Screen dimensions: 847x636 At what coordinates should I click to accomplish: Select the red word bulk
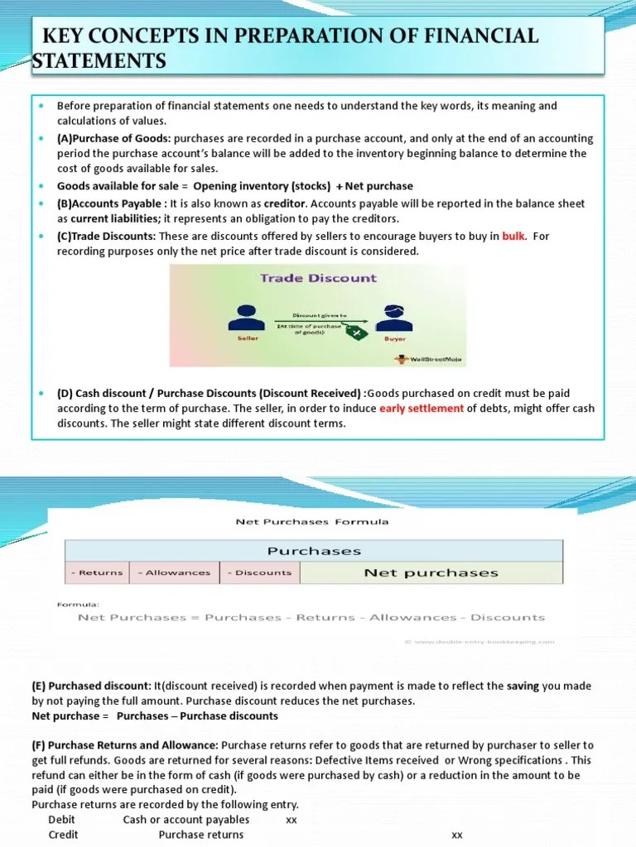pos(513,236)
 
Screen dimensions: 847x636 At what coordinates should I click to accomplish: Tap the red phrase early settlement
pos(422,409)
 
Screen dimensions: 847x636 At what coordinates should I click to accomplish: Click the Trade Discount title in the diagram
pos(318,278)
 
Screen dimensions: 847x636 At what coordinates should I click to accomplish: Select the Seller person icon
pos(243,318)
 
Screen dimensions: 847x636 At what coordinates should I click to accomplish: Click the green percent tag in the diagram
pos(357,332)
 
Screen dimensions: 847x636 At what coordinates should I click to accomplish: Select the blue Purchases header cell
pos(314,550)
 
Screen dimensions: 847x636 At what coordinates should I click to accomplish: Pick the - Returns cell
pos(97,572)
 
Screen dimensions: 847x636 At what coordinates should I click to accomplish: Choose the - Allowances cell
pos(173,572)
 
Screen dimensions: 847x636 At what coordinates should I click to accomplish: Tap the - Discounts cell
pos(261,572)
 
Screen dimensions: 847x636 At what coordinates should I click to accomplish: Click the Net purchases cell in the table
pos(431,572)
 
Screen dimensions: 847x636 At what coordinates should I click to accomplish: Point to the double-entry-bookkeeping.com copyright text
pos(479,641)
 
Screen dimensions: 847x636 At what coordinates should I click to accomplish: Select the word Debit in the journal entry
pos(63,820)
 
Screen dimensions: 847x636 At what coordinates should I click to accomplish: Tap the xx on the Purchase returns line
pos(456,835)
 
